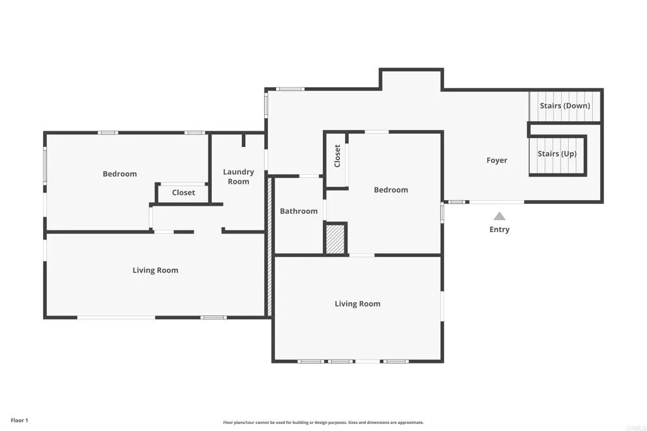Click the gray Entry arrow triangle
pyautogui.click(x=499, y=216)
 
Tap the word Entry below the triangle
pyautogui.click(x=499, y=230)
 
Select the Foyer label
pyautogui.click(x=497, y=160)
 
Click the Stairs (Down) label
pyautogui.click(x=564, y=106)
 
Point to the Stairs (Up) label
pyautogui.click(x=557, y=154)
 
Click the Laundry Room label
pyautogui.click(x=238, y=177)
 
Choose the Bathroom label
pyautogui.click(x=299, y=211)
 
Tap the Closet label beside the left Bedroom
pyautogui.click(x=183, y=192)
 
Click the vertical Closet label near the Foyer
pyautogui.click(x=337, y=156)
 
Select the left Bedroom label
pyautogui.click(x=119, y=174)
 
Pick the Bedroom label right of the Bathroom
pyautogui.click(x=390, y=190)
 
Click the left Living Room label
pyautogui.click(x=155, y=271)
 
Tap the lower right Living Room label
pyautogui.click(x=358, y=304)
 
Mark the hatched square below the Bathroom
pyautogui.click(x=335, y=239)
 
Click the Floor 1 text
pyautogui.click(x=19, y=420)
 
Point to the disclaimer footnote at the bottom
pyautogui.click(x=323, y=423)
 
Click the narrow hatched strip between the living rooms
pyautogui.click(x=269, y=246)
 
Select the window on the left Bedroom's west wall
pyautogui.click(x=44, y=167)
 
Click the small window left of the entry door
pyautogui.click(x=457, y=202)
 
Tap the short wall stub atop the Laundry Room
pyautogui.click(x=243, y=140)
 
